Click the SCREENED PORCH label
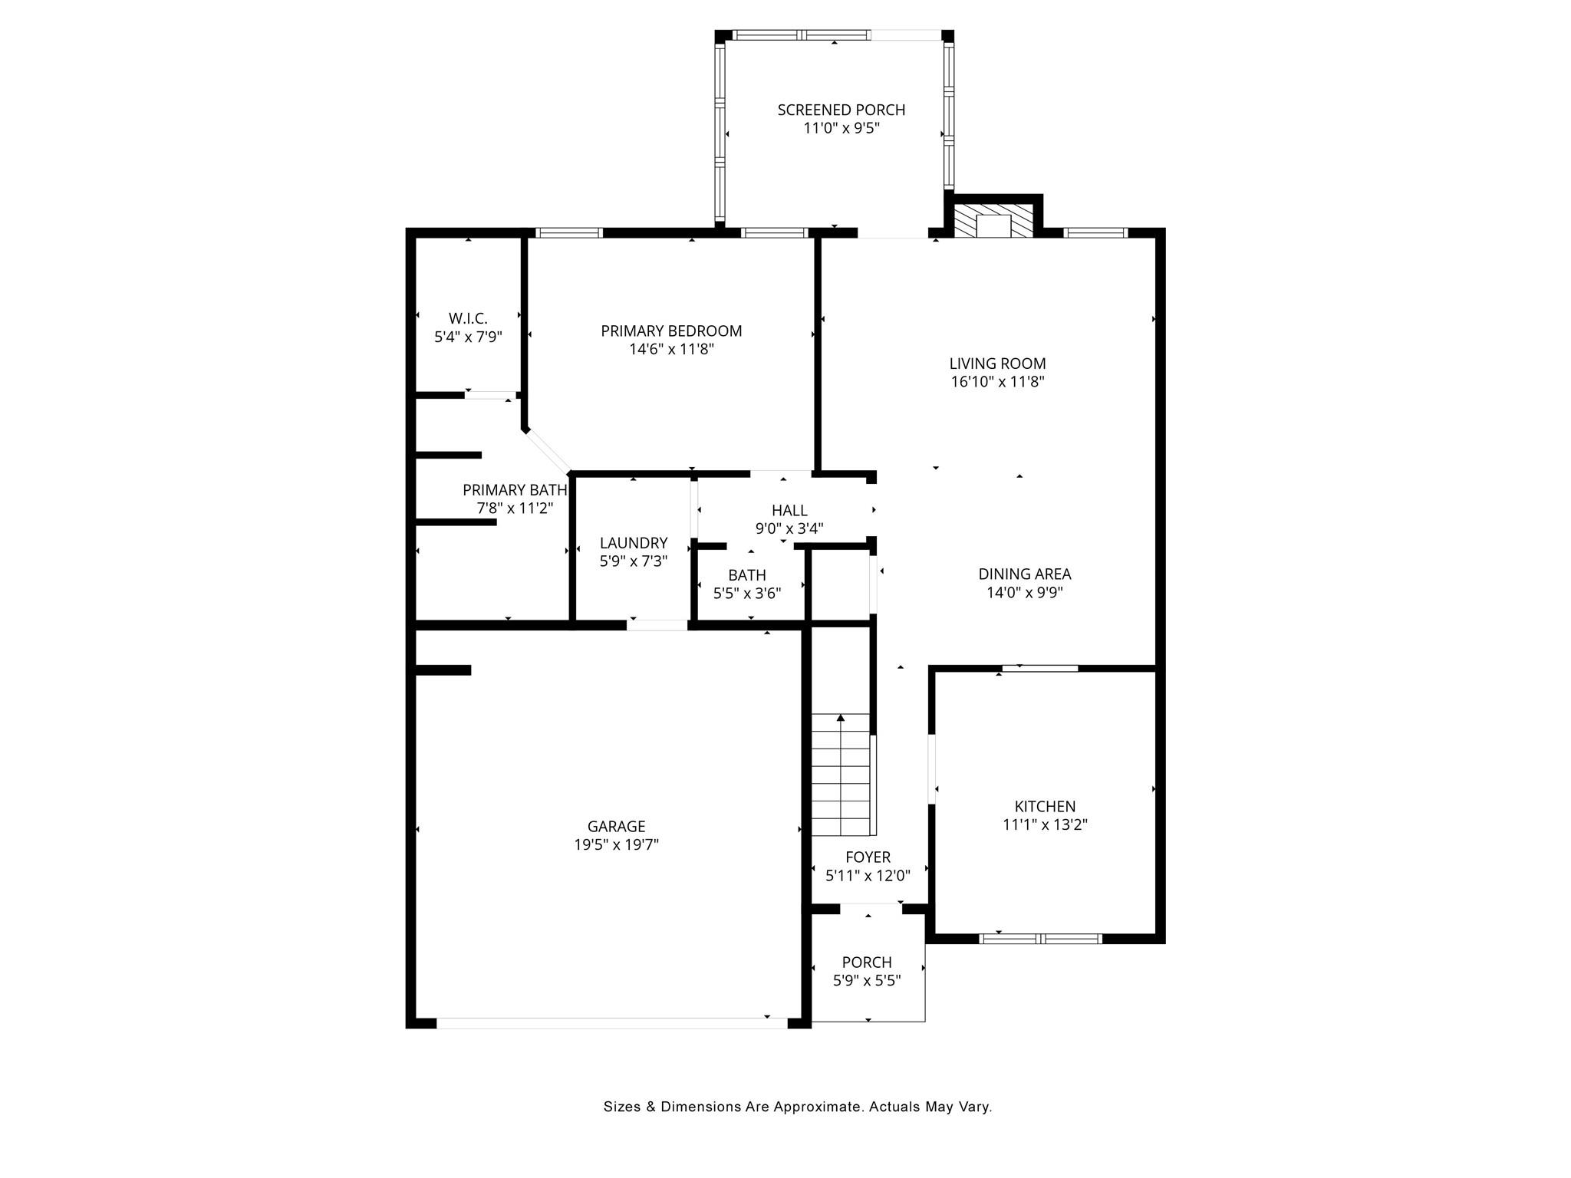click(841, 110)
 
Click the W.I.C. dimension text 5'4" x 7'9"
click(468, 337)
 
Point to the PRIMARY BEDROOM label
click(671, 331)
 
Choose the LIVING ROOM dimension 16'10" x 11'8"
click(997, 382)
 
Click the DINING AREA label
click(1024, 574)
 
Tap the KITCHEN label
click(1045, 806)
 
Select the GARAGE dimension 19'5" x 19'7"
click(617, 845)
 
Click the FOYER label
click(868, 857)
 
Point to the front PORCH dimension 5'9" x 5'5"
click(867, 980)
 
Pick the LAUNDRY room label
click(634, 543)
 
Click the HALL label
click(789, 510)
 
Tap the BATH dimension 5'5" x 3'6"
click(747, 593)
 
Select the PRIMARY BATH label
click(515, 490)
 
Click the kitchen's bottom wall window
click(1041, 938)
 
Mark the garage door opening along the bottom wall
click(612, 1023)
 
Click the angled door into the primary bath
click(548, 451)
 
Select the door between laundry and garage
click(657, 625)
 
